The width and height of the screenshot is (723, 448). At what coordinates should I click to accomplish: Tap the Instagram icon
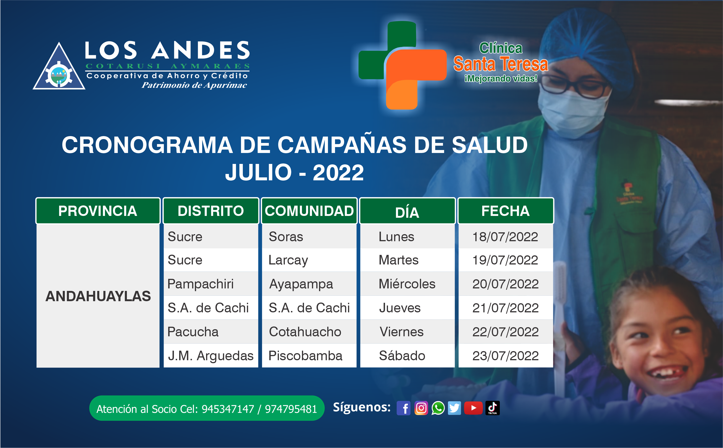tap(421, 408)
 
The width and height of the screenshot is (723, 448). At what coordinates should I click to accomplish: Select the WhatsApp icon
tap(438, 408)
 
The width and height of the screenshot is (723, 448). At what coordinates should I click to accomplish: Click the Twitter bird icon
tap(454, 408)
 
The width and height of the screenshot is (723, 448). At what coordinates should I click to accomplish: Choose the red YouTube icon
tap(473, 408)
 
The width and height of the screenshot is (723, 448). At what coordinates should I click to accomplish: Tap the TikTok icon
tap(492, 408)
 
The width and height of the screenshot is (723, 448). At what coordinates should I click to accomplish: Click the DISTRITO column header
tap(211, 211)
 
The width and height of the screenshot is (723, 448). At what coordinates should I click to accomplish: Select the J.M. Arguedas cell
tap(211, 356)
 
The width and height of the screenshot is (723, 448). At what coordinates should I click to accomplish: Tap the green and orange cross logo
tap(402, 65)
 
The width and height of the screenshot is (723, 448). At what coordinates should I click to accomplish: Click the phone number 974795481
tap(291, 409)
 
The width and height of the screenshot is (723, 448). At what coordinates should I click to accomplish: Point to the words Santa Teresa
tap(500, 64)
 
